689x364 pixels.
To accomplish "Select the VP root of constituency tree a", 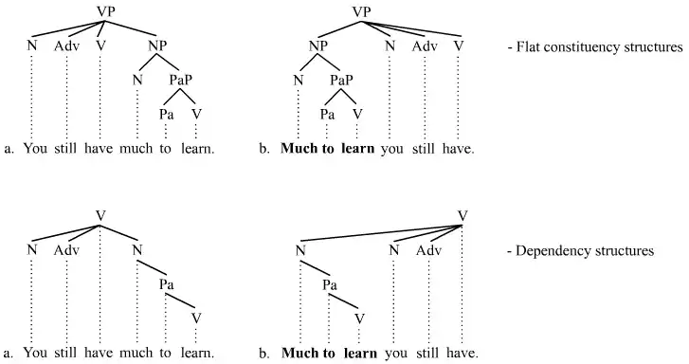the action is click(106, 11).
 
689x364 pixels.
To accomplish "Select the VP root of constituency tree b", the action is click(361, 11).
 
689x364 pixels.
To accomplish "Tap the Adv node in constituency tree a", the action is click(66, 45).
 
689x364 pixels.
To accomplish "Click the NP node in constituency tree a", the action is click(156, 45).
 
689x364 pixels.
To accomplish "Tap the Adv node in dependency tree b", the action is click(428, 250).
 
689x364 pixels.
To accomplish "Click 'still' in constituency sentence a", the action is click(65, 149).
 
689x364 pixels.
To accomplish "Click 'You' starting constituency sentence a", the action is click(34, 149).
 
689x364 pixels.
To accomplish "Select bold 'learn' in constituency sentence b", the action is click(358, 149).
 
